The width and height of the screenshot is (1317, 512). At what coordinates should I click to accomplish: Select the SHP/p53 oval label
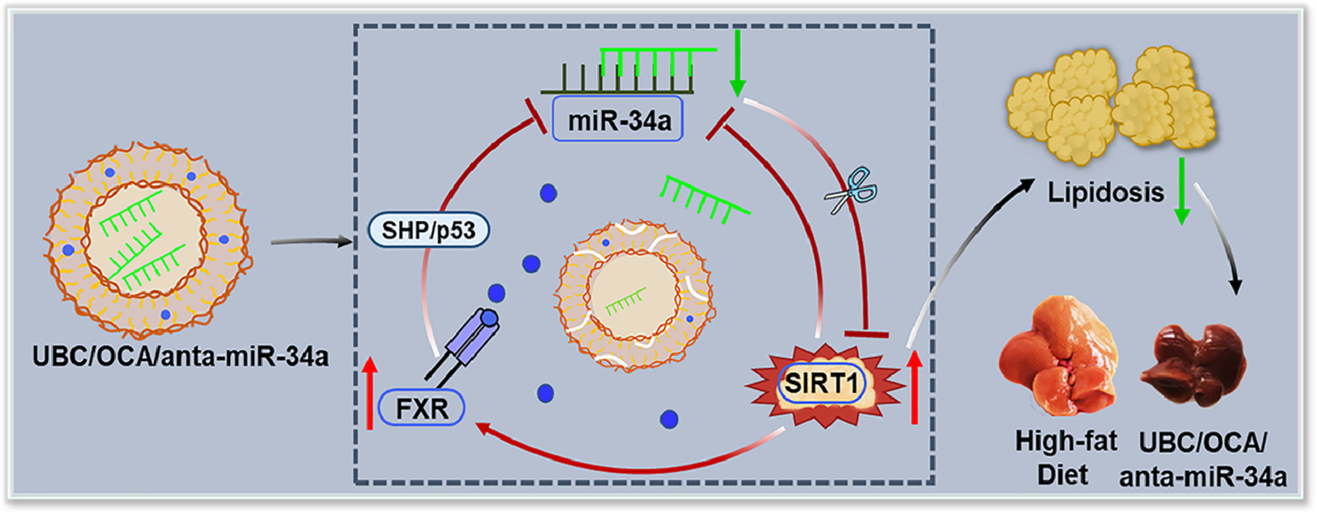[x=428, y=230]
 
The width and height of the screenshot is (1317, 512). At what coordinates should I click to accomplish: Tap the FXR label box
[x=421, y=408]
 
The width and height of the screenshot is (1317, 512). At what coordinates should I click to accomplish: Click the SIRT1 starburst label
[x=822, y=383]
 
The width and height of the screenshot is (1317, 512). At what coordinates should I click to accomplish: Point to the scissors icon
[x=851, y=191]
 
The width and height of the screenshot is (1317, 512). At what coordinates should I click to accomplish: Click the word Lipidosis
[x=1105, y=192]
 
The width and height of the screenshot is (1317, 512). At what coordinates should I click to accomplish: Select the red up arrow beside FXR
[x=370, y=393]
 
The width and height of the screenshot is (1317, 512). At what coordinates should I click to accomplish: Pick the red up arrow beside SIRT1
[x=915, y=387]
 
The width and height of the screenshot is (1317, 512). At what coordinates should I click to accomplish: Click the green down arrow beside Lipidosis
[x=1182, y=191]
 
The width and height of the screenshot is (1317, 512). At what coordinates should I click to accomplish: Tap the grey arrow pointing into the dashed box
[x=311, y=242]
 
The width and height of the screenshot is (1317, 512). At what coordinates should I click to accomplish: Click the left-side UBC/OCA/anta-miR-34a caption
[x=180, y=357]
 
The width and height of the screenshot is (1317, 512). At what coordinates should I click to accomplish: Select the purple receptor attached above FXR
[x=473, y=338]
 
